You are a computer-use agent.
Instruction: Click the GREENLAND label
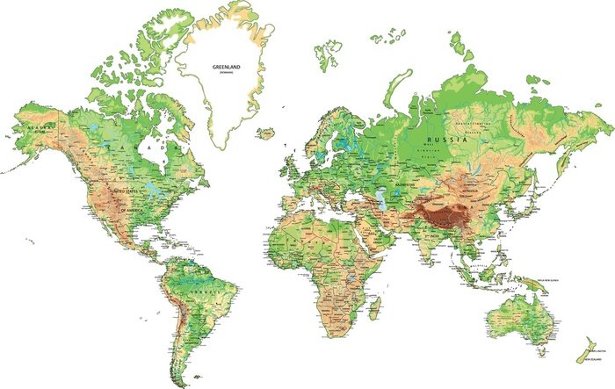coord(227,66)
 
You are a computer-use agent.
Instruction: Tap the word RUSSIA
coord(442,140)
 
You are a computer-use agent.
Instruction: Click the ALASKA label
coord(39,128)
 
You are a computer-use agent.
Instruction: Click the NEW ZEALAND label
coord(587,359)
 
